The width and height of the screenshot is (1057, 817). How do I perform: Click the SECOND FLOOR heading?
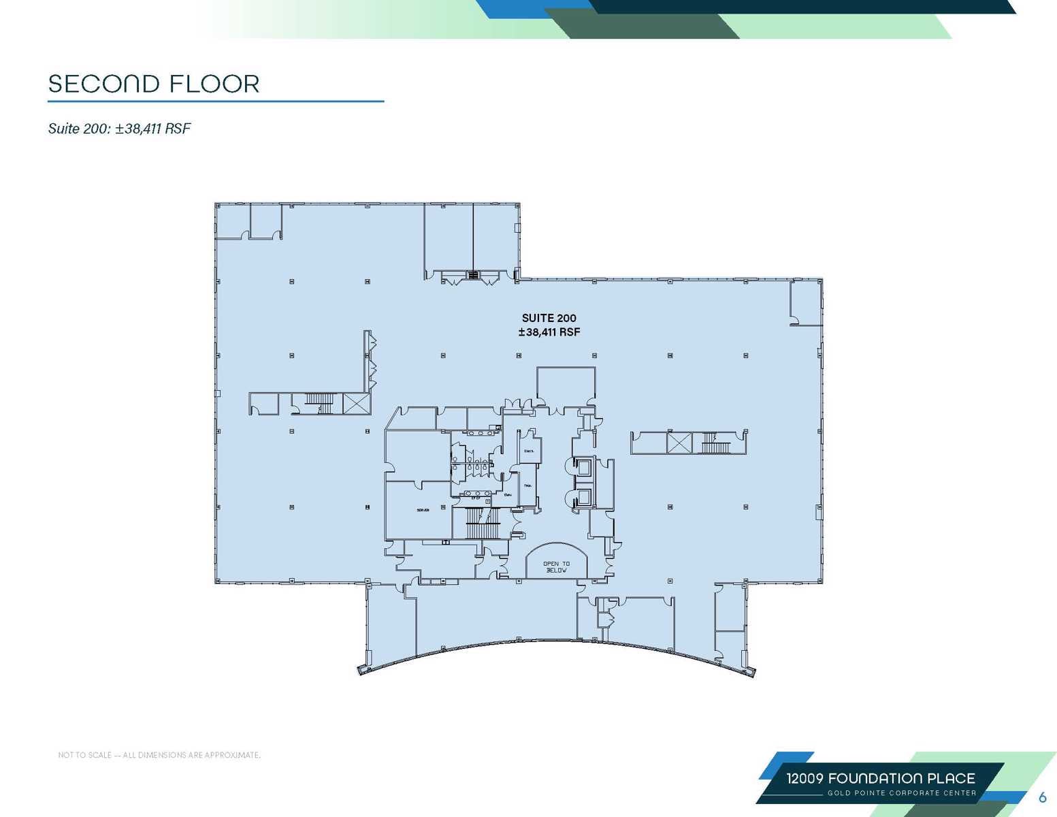pos(154,84)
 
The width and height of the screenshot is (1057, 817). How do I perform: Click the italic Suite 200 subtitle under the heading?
pos(119,129)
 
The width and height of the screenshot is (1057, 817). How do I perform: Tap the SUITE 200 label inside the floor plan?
pos(549,318)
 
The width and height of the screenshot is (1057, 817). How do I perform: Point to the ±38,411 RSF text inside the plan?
pos(549,332)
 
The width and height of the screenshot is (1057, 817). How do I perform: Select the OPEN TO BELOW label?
pos(556,566)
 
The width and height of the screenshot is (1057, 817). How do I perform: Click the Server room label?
pos(423,510)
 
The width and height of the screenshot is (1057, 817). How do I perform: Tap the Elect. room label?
pos(529,451)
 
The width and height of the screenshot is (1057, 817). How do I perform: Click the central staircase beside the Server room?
pos(483,524)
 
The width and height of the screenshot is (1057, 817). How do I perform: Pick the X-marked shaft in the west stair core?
pos(356,403)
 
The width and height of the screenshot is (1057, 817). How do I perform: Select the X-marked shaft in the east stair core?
pos(679,443)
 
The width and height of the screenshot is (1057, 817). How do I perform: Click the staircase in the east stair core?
pos(715,443)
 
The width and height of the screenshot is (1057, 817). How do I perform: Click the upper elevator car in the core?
pos(583,467)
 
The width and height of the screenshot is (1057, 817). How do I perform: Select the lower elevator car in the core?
pos(583,497)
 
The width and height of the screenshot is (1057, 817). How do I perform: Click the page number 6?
pos(1042,797)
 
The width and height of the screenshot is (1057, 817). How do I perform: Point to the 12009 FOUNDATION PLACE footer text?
pos(881,778)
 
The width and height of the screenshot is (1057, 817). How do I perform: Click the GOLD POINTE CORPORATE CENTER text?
pos(901,793)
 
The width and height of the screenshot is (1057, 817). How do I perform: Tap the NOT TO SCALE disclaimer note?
pos(159,755)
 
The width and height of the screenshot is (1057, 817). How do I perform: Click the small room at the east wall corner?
pos(805,301)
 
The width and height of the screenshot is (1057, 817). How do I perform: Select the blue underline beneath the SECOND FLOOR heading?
pos(216,101)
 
